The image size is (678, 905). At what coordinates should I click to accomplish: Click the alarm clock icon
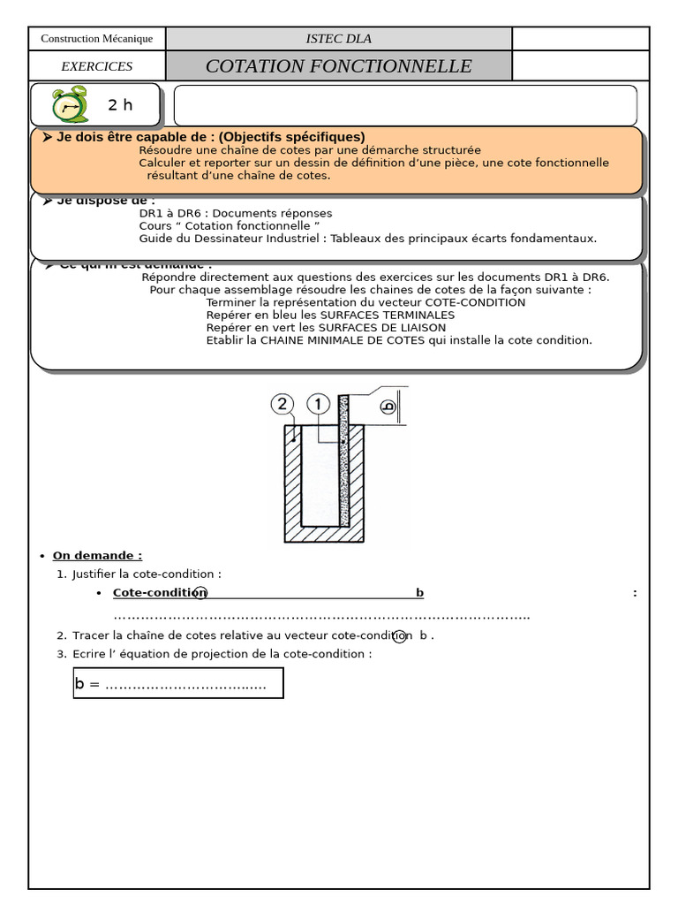(70, 105)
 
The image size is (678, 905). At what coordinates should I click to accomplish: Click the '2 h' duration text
(120, 105)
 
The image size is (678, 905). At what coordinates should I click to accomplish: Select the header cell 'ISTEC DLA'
(338, 39)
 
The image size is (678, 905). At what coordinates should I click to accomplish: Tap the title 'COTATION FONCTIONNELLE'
(338, 66)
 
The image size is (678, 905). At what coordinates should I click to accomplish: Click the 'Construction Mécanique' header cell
(97, 39)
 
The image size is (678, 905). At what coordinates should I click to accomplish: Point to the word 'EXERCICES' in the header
(97, 66)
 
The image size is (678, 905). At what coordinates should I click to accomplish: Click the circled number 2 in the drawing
(282, 405)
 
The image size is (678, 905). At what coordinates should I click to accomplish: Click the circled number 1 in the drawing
(318, 405)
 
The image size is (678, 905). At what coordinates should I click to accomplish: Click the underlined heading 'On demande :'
(97, 555)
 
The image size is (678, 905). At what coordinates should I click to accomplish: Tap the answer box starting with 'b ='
(178, 683)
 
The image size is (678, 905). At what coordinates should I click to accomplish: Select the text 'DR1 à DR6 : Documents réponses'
(236, 213)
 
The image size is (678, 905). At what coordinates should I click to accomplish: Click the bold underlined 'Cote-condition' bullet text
(160, 592)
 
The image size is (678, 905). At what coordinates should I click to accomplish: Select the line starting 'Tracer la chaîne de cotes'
(252, 635)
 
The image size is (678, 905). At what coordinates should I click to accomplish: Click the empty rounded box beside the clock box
(405, 105)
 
